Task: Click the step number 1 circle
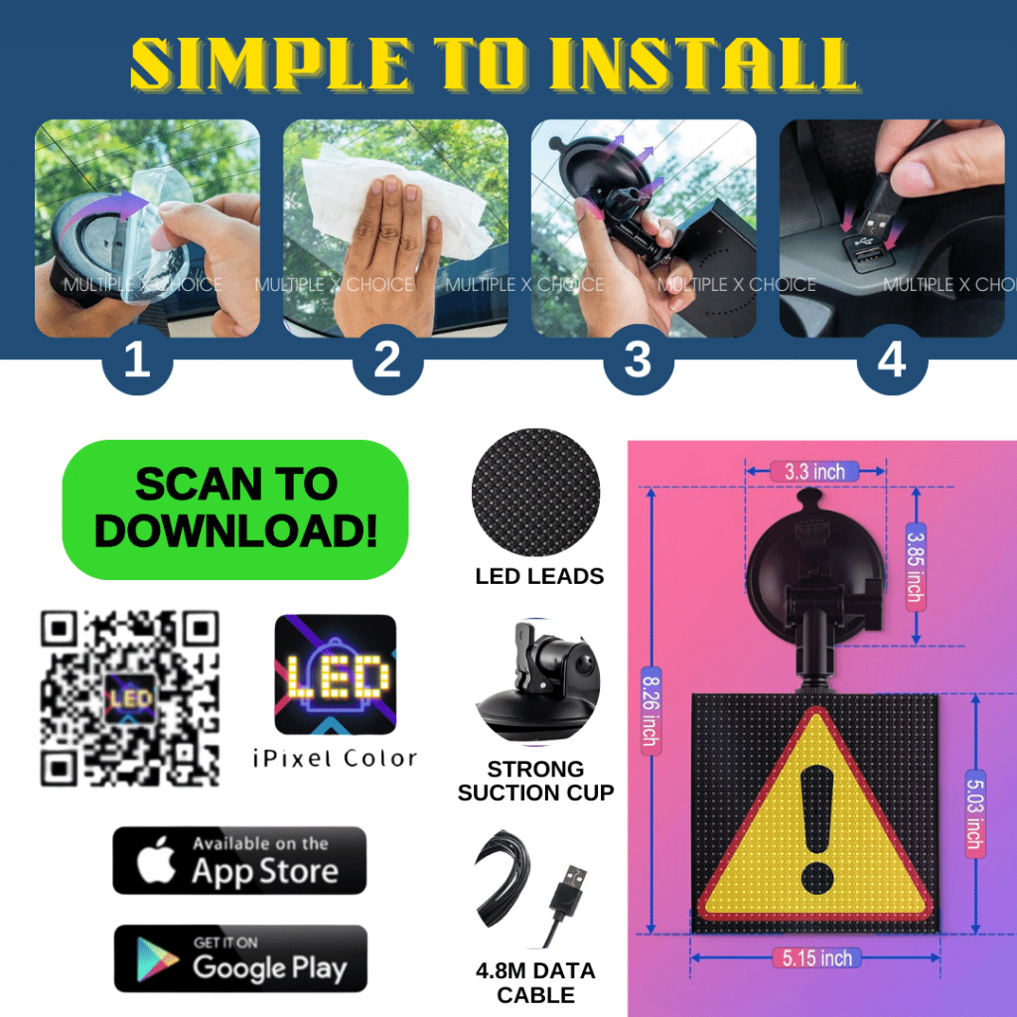[x=137, y=359]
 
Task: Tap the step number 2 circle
[x=388, y=359]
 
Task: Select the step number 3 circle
[x=639, y=359]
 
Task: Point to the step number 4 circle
[x=892, y=359]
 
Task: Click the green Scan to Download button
[x=234, y=509]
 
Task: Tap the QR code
[x=130, y=698]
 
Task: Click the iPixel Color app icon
[x=336, y=674]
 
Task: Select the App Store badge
[x=239, y=861]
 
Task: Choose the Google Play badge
[x=240, y=958]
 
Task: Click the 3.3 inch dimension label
[x=814, y=472]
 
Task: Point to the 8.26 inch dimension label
[x=652, y=711]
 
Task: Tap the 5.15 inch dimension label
[x=816, y=958]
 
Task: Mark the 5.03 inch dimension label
[x=975, y=814]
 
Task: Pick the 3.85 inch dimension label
[x=915, y=566]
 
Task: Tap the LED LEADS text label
[x=539, y=576]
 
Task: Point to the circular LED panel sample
[x=535, y=493]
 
